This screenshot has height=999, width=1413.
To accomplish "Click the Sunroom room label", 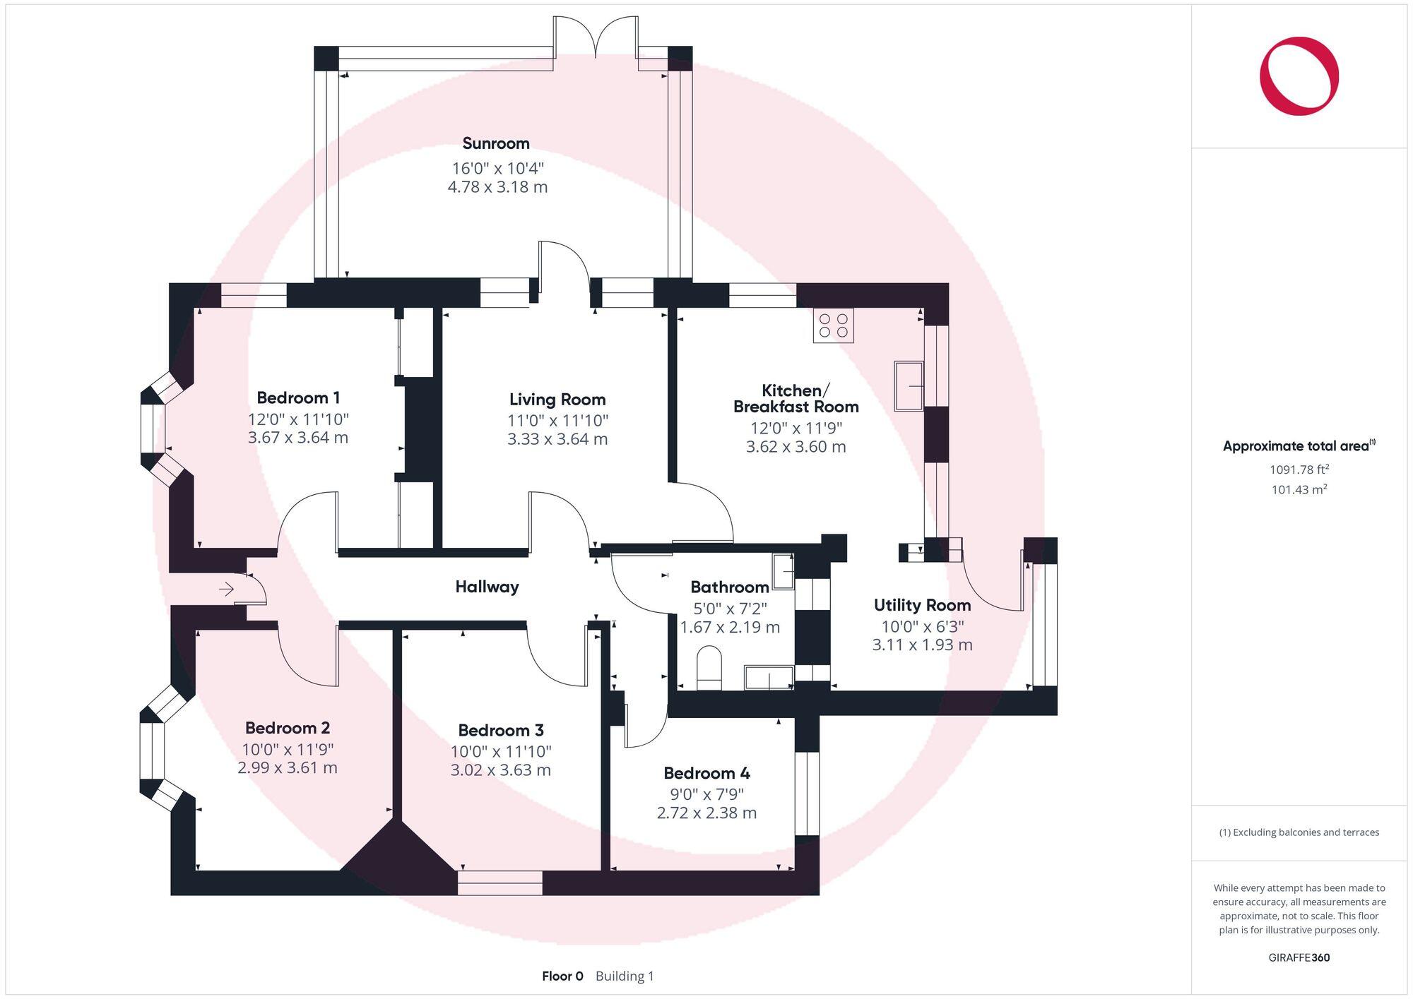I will click(x=495, y=143).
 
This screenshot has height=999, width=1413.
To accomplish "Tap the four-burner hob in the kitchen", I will click(x=833, y=325).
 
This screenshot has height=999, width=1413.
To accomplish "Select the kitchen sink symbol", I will click(x=909, y=385).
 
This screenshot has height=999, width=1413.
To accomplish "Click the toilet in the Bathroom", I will click(x=709, y=667).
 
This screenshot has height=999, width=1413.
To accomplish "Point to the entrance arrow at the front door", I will click(x=226, y=588).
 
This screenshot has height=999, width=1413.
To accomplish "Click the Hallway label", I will click(x=487, y=587).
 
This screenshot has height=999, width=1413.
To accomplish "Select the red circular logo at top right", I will click(x=1299, y=76).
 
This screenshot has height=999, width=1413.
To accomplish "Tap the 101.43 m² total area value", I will click(x=1299, y=489).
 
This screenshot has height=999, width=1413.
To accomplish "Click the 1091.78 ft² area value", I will click(x=1299, y=469).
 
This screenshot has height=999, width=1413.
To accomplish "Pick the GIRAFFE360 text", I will click(x=1299, y=957).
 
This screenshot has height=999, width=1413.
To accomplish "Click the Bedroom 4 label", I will click(x=706, y=773).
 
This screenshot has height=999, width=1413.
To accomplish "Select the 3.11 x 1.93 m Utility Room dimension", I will click(x=922, y=645).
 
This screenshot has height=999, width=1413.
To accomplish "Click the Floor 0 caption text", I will click(x=562, y=976).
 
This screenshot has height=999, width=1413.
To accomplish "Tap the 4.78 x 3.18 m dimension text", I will click(x=497, y=187).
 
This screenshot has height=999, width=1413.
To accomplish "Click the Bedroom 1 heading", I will click(x=297, y=397).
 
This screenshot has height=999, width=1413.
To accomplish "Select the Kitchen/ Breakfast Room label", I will click(x=796, y=398).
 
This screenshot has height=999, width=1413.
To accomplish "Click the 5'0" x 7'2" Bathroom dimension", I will click(x=729, y=608).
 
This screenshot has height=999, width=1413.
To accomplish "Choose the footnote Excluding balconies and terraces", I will click(x=1299, y=832).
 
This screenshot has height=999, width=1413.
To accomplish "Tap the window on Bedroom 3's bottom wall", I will click(x=499, y=883).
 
